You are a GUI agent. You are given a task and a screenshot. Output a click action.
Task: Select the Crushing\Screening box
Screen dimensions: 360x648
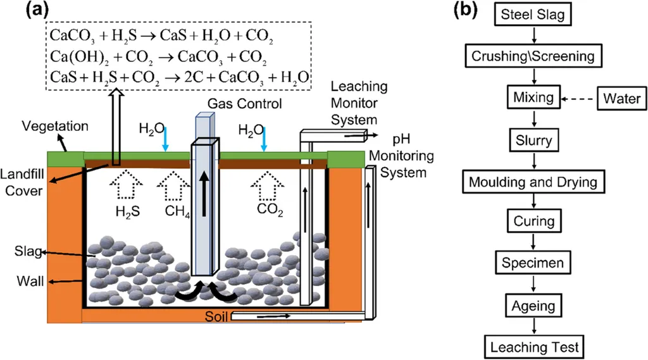click(x=533, y=56)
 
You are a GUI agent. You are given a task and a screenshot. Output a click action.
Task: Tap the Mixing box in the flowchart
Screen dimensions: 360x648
click(x=533, y=98)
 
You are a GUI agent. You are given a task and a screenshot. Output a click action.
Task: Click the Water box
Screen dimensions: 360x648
click(x=621, y=98)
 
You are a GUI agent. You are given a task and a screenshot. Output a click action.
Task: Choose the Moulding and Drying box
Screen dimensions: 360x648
click(x=533, y=182)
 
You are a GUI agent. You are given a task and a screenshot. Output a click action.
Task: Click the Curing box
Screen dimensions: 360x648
click(x=533, y=221)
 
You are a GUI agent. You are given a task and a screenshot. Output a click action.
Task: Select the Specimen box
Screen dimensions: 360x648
click(x=533, y=263)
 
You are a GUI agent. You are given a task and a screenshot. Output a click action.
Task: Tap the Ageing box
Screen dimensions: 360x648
click(x=533, y=306)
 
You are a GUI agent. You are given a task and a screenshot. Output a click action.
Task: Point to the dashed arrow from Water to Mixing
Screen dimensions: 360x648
click(x=579, y=98)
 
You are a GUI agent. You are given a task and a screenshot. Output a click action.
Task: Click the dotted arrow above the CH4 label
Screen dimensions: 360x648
click(x=171, y=185)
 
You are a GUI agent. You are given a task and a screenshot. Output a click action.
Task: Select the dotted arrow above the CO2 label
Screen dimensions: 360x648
click(x=266, y=185)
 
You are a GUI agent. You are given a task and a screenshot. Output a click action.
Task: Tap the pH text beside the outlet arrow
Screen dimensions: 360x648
click(x=400, y=137)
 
